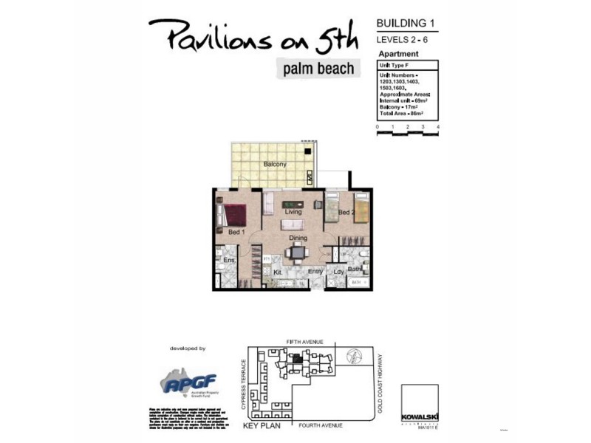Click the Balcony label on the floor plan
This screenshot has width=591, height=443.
[275, 164]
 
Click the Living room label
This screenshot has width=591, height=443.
[293, 212]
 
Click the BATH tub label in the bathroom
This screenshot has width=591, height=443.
[356, 283]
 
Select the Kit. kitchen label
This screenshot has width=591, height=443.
[279, 272]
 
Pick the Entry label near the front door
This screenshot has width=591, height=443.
[315, 272]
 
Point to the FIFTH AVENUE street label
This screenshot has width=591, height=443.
[306, 342]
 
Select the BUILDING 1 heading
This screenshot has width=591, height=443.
[406, 23]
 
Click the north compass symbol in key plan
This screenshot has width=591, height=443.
[356, 357]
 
